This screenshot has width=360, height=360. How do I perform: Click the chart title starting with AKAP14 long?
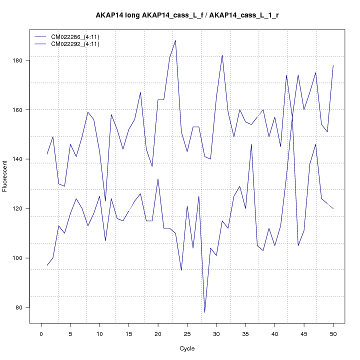point(187,15)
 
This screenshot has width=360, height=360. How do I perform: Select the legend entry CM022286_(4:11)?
point(75,37)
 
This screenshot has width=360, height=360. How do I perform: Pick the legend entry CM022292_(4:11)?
point(75,44)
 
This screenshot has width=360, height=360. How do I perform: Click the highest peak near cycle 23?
point(175,40)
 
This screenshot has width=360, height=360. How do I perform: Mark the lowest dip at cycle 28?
point(204,312)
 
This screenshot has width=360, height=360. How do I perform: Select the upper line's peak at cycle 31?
point(222,55)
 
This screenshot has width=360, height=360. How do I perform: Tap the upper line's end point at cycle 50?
point(333,65)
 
